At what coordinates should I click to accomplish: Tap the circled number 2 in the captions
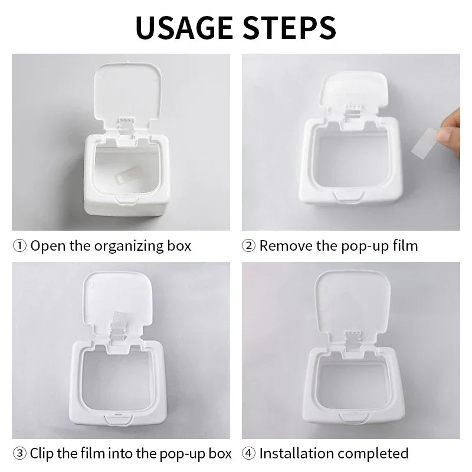pos(249,245)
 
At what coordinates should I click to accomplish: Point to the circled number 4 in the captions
pos(249,453)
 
